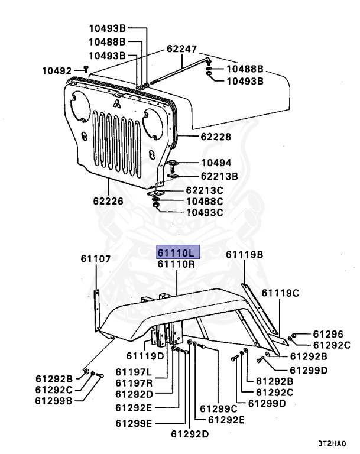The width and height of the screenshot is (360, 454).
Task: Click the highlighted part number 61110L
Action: [177, 252]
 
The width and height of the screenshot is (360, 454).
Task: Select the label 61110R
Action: [177, 264]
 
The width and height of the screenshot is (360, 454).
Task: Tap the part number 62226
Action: [107, 201]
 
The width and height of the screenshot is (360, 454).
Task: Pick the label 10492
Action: [56, 70]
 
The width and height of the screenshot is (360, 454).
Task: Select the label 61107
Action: [96, 258]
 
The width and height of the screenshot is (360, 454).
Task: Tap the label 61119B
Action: [245, 255]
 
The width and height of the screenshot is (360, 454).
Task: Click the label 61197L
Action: [133, 372]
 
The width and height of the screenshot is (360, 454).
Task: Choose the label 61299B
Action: [54, 400]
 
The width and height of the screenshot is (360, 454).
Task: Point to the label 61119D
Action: [145, 356]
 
